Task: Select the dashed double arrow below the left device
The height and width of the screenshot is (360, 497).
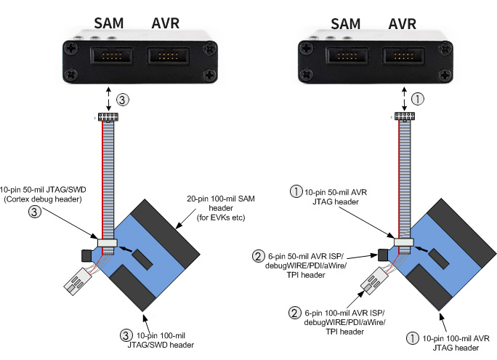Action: pyautogui.click(x=109, y=99)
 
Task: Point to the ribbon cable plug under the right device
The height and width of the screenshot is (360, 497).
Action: pyautogui.click(x=402, y=117)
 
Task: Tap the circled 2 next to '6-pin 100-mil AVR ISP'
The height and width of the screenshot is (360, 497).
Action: pyautogui.click(x=295, y=313)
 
